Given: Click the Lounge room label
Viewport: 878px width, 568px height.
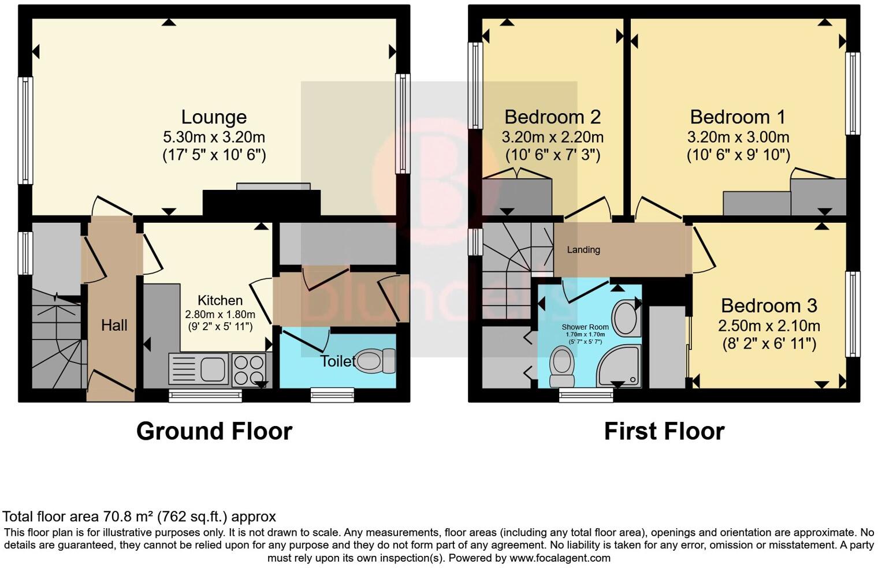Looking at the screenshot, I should tap(214, 117).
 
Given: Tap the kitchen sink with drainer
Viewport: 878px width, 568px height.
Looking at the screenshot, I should tap(199, 369).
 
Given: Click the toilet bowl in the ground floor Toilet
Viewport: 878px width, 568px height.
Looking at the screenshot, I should tap(375, 362).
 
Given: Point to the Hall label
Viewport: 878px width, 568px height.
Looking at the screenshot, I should tap(114, 326).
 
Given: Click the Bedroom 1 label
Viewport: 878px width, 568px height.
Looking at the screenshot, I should tap(738, 117).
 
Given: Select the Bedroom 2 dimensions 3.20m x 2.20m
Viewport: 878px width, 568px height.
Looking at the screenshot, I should tap(552, 137).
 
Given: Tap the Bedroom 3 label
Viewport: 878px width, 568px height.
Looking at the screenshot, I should tap(769, 305).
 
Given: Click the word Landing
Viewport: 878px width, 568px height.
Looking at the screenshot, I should tap(583, 250).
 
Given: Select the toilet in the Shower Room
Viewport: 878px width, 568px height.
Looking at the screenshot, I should tap(561, 366).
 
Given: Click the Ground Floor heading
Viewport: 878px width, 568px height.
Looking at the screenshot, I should tap(214, 431).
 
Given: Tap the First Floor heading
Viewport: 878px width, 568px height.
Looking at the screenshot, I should tap(664, 431).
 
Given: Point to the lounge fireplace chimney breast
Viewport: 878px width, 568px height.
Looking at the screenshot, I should tap(261, 203).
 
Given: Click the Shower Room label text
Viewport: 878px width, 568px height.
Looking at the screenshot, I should tap(585, 327).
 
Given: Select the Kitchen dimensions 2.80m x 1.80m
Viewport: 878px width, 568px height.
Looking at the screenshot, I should tap(220, 315).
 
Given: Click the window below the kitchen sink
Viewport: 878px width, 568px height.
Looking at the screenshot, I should tap(205, 395).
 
